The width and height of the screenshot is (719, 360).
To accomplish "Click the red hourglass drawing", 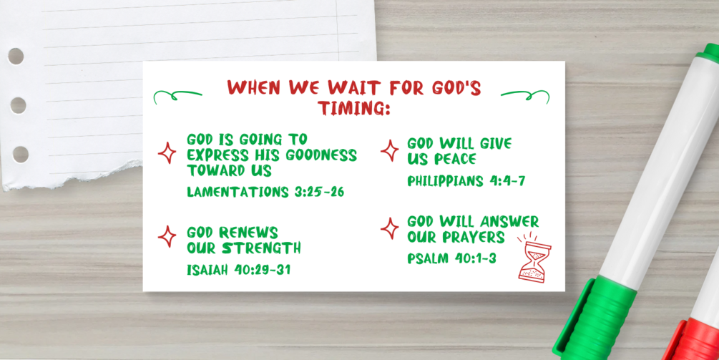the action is [534, 260].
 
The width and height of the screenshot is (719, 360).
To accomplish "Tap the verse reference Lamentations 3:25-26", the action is [265, 192].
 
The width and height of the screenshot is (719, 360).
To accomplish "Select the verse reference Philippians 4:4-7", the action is [466, 180].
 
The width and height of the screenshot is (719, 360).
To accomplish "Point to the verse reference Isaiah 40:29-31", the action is [238, 269].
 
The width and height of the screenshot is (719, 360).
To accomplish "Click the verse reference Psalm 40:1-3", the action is [451, 258].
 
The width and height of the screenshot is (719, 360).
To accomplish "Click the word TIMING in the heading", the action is [354, 107].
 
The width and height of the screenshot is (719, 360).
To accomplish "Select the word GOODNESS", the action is [321, 155].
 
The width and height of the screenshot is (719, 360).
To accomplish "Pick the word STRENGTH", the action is [261, 248].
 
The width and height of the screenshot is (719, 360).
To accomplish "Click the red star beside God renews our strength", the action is [167, 237].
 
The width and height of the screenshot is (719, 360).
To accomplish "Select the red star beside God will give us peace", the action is [390, 150].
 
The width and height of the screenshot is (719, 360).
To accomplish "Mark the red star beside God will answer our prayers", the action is [390, 228].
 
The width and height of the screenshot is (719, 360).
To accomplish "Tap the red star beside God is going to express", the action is [167, 152].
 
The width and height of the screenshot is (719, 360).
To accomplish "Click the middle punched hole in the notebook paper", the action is [19, 105].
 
